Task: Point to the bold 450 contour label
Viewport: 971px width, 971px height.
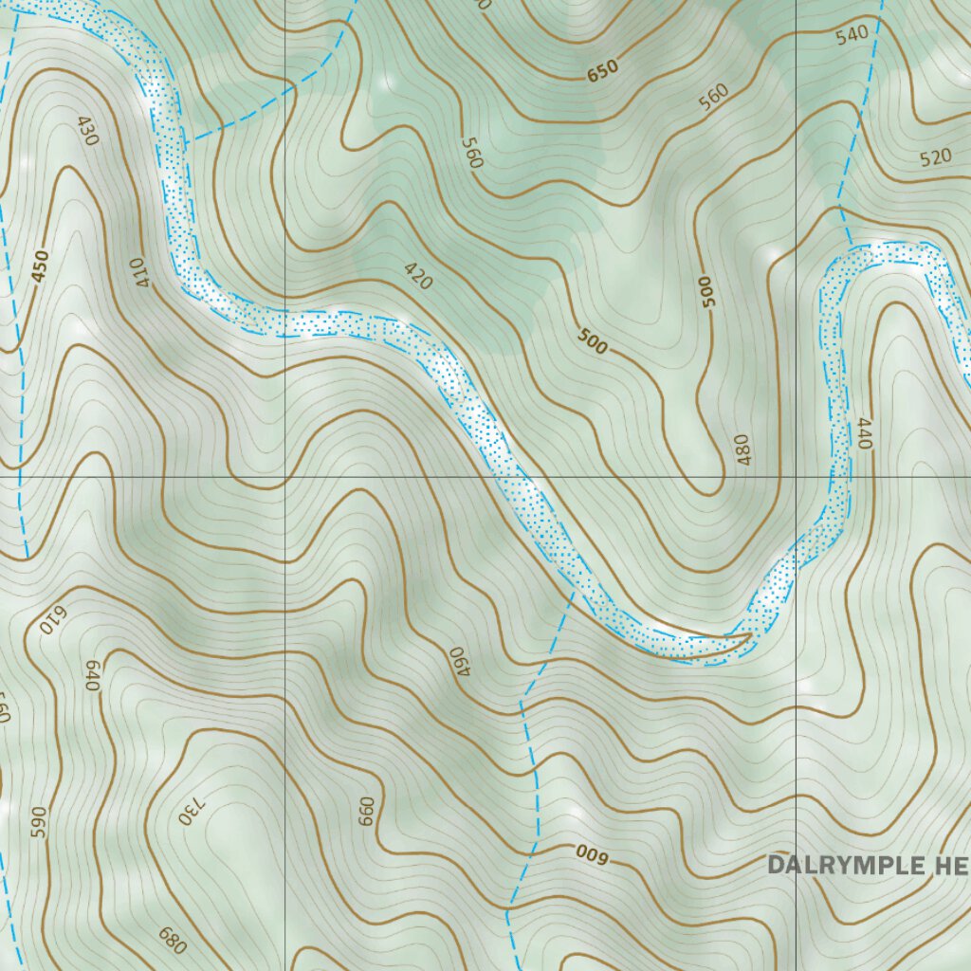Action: (x=39, y=266)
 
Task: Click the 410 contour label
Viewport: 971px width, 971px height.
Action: (x=139, y=271)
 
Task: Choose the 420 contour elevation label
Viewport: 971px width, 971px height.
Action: (x=417, y=276)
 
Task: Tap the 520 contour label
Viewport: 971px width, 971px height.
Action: (x=935, y=157)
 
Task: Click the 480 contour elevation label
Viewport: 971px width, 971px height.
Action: (x=741, y=450)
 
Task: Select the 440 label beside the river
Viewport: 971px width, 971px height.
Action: (x=863, y=433)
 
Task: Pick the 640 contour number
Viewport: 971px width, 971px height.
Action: (x=92, y=675)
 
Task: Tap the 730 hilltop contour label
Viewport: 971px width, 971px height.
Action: (x=190, y=807)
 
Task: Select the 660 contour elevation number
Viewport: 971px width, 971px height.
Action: (x=367, y=812)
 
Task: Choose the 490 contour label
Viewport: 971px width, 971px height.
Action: (x=459, y=662)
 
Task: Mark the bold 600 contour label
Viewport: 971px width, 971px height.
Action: (x=590, y=854)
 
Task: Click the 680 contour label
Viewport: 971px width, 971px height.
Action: (x=172, y=942)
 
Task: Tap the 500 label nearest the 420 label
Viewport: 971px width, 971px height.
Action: (x=592, y=340)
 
